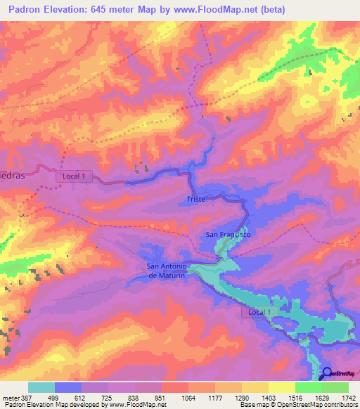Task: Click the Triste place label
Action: (x=196, y=200)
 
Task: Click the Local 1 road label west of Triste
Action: (x=74, y=176)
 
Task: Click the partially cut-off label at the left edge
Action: (x=13, y=176)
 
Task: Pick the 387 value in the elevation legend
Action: (x=24, y=397)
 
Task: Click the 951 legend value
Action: (x=162, y=397)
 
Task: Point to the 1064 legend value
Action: (x=188, y=397)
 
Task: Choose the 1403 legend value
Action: (x=269, y=397)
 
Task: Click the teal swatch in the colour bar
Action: (x=41, y=387)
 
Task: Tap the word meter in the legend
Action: (x=8, y=397)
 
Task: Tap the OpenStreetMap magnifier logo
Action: (x=327, y=373)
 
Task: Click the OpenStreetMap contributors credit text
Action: (x=306, y=405)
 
